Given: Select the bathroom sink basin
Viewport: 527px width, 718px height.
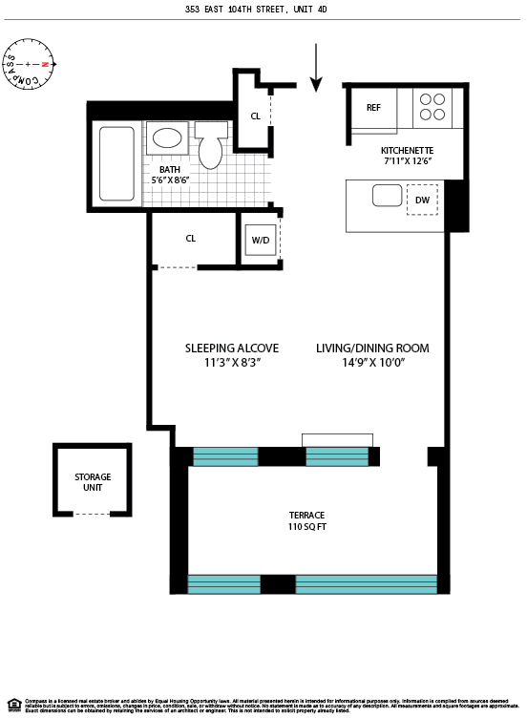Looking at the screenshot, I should pyautogui.click(x=168, y=138).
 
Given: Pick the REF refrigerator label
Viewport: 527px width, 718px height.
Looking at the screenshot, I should pyautogui.click(x=373, y=108).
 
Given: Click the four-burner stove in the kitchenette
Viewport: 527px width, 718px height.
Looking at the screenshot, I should pyautogui.click(x=433, y=106).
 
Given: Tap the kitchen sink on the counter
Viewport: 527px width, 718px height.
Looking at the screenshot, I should pyautogui.click(x=387, y=196).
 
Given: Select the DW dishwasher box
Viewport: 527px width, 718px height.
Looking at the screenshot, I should pyautogui.click(x=422, y=200).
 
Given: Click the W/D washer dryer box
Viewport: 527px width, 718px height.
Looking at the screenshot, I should pyautogui.click(x=260, y=241).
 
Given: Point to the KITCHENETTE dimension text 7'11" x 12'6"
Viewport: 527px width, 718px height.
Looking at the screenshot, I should pyautogui.click(x=407, y=161).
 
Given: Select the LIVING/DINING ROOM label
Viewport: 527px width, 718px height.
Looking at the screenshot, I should pyautogui.click(x=372, y=355).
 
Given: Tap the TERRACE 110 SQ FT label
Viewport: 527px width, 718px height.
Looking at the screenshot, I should pyautogui.click(x=306, y=520).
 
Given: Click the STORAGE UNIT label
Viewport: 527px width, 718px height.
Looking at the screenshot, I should pyautogui.click(x=93, y=482).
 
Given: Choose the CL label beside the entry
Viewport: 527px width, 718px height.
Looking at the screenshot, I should pyautogui.click(x=255, y=116).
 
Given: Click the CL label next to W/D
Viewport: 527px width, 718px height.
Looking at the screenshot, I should pyautogui.click(x=191, y=238).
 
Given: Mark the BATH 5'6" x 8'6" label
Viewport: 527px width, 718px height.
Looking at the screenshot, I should pyautogui.click(x=171, y=175).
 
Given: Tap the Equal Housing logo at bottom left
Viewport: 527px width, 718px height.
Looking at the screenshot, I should pyautogui.click(x=13, y=705).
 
